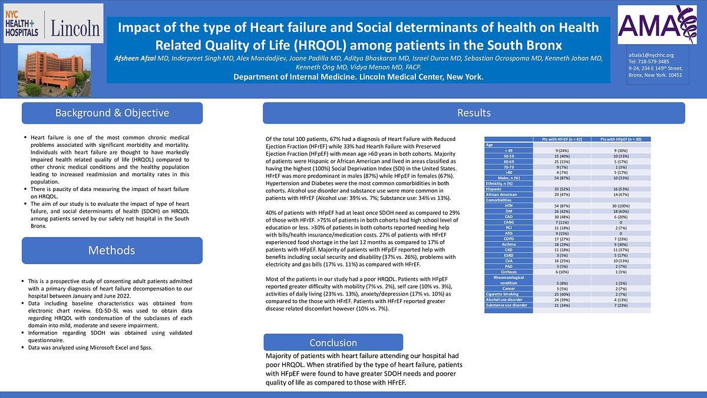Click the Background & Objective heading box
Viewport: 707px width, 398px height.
click(x=112, y=113)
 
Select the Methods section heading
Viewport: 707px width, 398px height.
click(x=112, y=250)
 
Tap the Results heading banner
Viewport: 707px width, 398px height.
click(x=474, y=113)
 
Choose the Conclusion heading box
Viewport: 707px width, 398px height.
click(x=333, y=343)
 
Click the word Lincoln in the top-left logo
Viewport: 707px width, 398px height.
click(x=75, y=28)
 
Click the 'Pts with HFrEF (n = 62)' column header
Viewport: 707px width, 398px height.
click(x=561, y=139)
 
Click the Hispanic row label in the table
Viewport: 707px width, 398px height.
click(x=495, y=189)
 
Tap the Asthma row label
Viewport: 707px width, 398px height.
click(x=508, y=244)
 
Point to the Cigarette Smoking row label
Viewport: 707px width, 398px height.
click(x=502, y=293)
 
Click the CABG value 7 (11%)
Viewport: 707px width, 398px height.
click(x=561, y=222)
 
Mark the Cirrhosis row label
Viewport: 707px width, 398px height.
click(x=508, y=271)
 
